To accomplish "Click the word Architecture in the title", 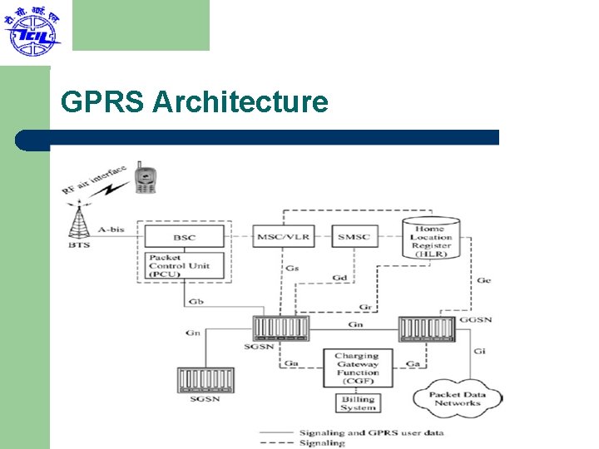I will (240, 102).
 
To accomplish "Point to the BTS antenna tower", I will (80, 220).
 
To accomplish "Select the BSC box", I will (185, 237).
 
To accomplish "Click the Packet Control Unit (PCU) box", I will (185, 266).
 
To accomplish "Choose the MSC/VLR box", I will (283, 237).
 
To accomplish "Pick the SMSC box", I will (353, 237).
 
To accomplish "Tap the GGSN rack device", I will (426, 329).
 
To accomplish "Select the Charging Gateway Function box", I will (357, 368).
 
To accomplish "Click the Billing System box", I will (357, 403).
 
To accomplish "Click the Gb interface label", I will (196, 302).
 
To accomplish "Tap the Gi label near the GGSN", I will (480, 352).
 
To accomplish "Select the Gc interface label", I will (483, 281).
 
